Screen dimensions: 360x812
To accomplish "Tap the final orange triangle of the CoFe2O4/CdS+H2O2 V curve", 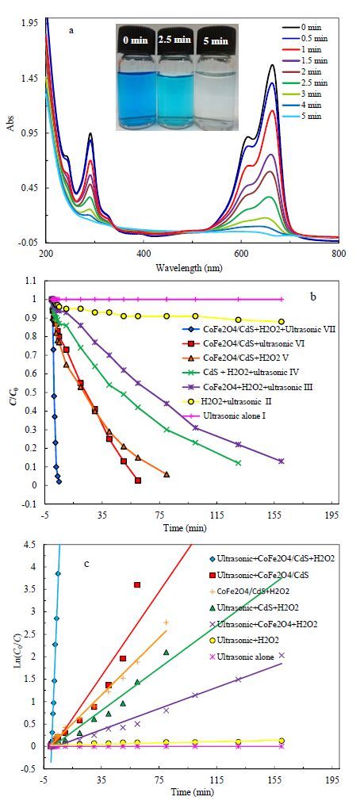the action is coord(167,474).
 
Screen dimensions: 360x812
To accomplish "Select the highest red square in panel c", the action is coord(137,584).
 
